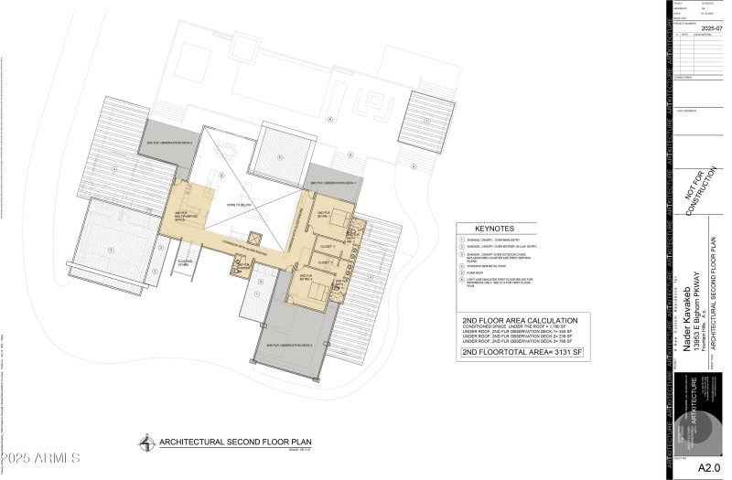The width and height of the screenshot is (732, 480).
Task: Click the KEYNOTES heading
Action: (x=494, y=229)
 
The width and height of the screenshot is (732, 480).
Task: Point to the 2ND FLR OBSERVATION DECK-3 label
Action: (x=290, y=345)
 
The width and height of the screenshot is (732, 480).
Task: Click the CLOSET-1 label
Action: (x=329, y=247)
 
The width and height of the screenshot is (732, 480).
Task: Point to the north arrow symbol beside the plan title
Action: (x=146, y=443)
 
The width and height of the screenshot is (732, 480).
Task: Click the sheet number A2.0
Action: (x=709, y=467)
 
